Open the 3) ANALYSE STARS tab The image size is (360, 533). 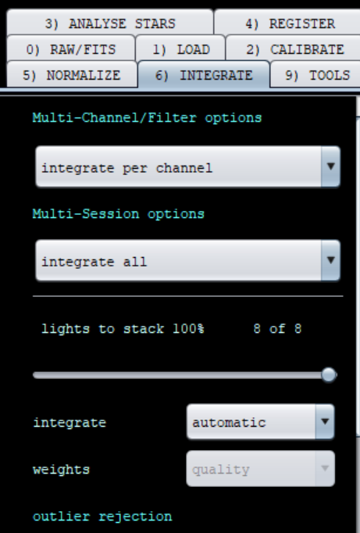[110, 23]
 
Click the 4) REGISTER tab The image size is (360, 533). [289, 23]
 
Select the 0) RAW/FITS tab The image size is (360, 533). [71, 49]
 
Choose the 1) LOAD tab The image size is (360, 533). [180, 49]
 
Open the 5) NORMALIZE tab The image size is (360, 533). [72, 75]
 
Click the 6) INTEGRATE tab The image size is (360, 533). [204, 75]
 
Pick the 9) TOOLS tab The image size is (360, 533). [316, 75]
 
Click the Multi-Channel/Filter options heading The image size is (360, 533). [147, 118]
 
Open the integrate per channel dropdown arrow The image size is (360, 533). [330, 166]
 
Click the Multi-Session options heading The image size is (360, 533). [118, 214]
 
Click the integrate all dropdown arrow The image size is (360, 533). [330, 260]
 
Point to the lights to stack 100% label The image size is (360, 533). [123, 329]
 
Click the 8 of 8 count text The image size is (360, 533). [277, 329]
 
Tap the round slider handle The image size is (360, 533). [329, 375]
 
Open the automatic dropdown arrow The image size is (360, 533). [325, 421]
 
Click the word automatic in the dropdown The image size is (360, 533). [229, 423]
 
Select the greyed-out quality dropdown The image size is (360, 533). [261, 469]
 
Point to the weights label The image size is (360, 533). [61, 470]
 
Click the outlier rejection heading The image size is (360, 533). [102, 517]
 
